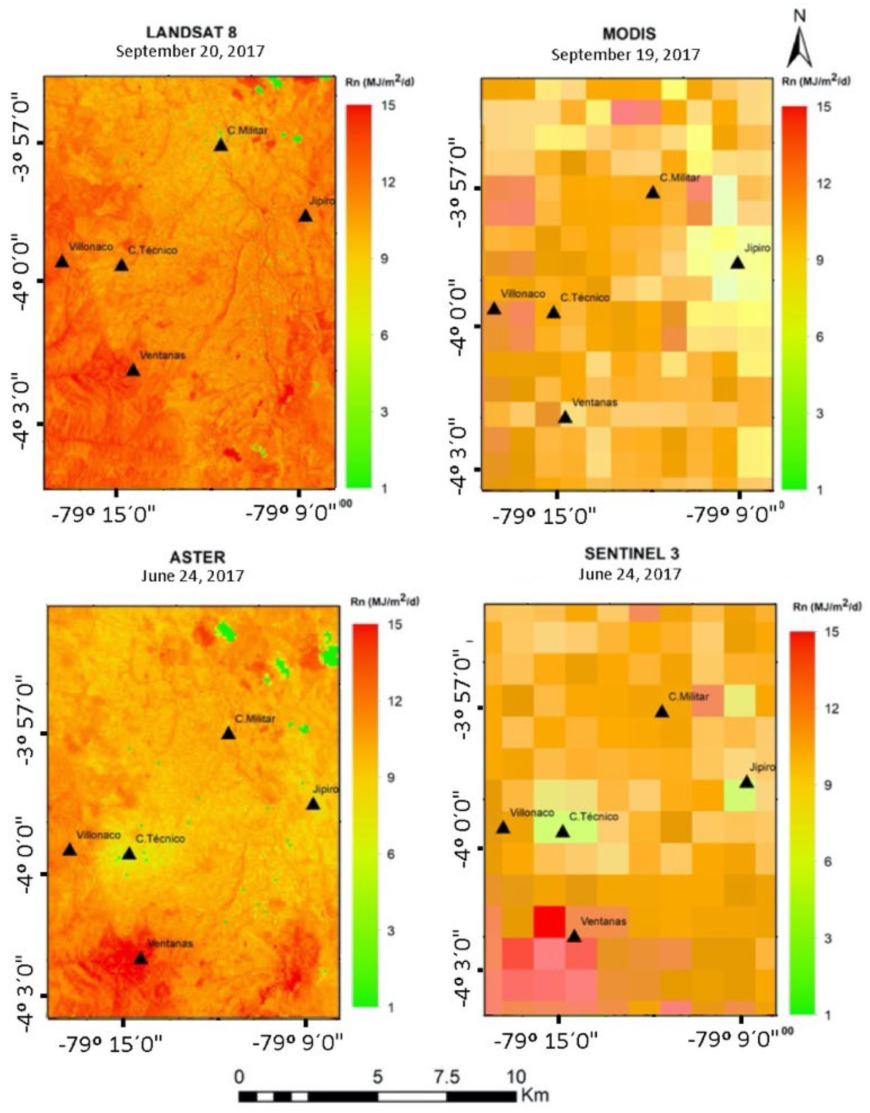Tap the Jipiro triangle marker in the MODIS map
pyautogui.click(x=737, y=263)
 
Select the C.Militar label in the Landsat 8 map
pyautogui.click(x=247, y=131)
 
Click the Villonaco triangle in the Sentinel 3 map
pyautogui.click(x=503, y=828)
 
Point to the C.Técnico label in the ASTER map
pyautogui.click(x=160, y=838)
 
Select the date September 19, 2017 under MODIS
pyautogui.click(x=625, y=54)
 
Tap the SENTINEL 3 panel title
pyautogui.click(x=631, y=554)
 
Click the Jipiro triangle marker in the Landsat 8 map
pyautogui.click(x=305, y=216)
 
